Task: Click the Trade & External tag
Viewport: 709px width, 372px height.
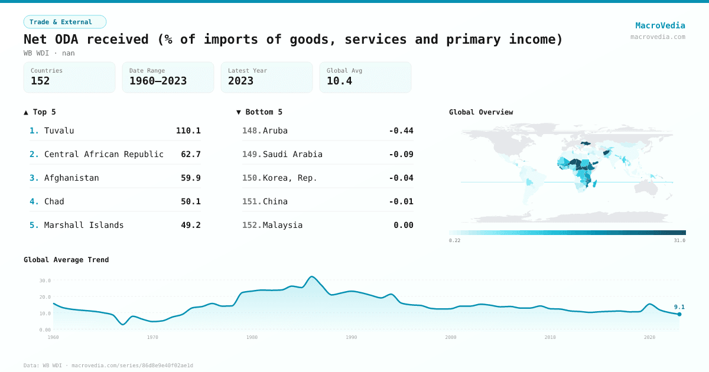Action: point(64,22)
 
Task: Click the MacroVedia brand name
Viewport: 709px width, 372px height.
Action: point(660,25)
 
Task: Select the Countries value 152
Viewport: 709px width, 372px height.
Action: point(40,81)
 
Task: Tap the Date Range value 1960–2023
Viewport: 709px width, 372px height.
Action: point(158,81)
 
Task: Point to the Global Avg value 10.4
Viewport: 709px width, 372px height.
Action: point(339,81)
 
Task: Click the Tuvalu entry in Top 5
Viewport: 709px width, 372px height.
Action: point(59,130)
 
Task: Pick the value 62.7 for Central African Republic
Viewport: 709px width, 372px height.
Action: point(191,154)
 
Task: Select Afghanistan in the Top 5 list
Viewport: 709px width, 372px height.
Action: point(71,178)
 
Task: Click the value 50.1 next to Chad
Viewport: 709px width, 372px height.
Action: point(191,201)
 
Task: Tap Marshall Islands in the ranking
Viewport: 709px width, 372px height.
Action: point(84,225)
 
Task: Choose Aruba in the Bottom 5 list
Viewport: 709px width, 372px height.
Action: point(275,130)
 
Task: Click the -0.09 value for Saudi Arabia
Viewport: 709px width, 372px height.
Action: point(401,154)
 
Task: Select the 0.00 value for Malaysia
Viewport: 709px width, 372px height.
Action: point(404,225)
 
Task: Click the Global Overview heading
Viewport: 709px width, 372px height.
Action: point(481,112)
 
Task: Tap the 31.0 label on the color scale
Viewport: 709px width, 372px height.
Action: point(679,240)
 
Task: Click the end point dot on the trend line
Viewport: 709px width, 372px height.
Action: point(679,314)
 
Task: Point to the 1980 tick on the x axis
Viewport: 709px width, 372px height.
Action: point(252,337)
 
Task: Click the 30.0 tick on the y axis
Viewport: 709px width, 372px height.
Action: point(45,280)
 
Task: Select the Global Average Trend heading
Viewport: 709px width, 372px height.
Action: point(66,260)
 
